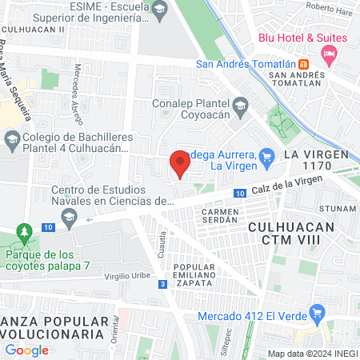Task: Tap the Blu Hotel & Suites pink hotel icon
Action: point(327,53)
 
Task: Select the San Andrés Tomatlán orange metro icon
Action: point(304,65)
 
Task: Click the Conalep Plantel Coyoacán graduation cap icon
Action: point(239,105)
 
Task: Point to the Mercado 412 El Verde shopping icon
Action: point(318,312)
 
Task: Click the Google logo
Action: point(26,350)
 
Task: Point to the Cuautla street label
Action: point(162,240)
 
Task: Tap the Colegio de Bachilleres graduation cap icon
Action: point(11,142)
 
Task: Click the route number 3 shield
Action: point(162,284)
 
